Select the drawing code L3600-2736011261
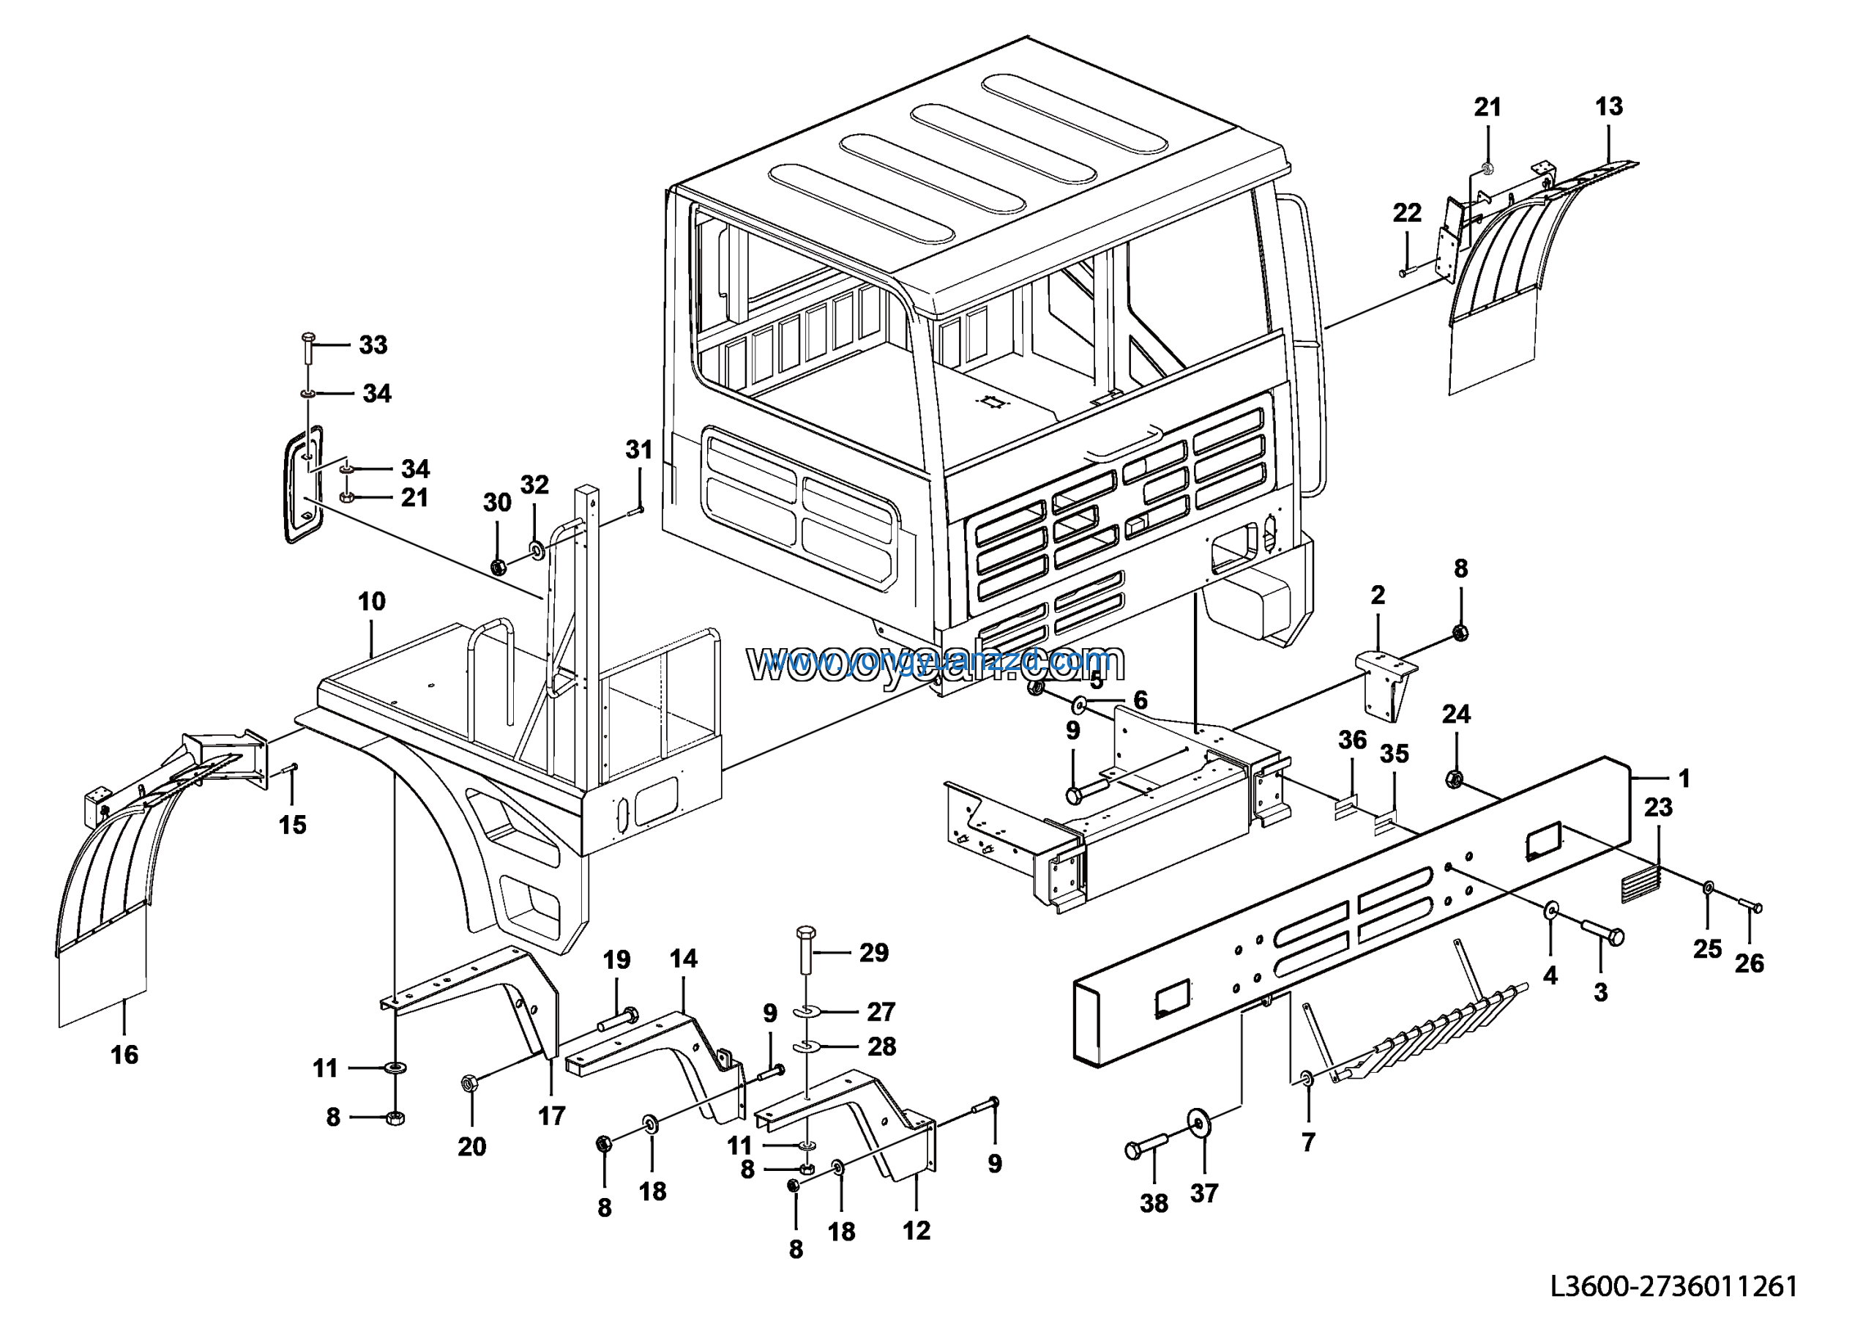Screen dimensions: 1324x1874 [1673, 1287]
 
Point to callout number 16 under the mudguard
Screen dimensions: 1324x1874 [124, 1055]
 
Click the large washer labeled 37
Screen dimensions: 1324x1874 [1198, 1124]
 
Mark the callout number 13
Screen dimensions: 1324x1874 [1609, 106]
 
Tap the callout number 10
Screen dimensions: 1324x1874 [371, 602]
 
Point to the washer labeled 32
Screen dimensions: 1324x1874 [537, 549]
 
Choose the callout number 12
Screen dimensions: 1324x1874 [916, 1230]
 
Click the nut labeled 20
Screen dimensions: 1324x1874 [469, 1084]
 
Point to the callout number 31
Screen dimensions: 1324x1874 [638, 450]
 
